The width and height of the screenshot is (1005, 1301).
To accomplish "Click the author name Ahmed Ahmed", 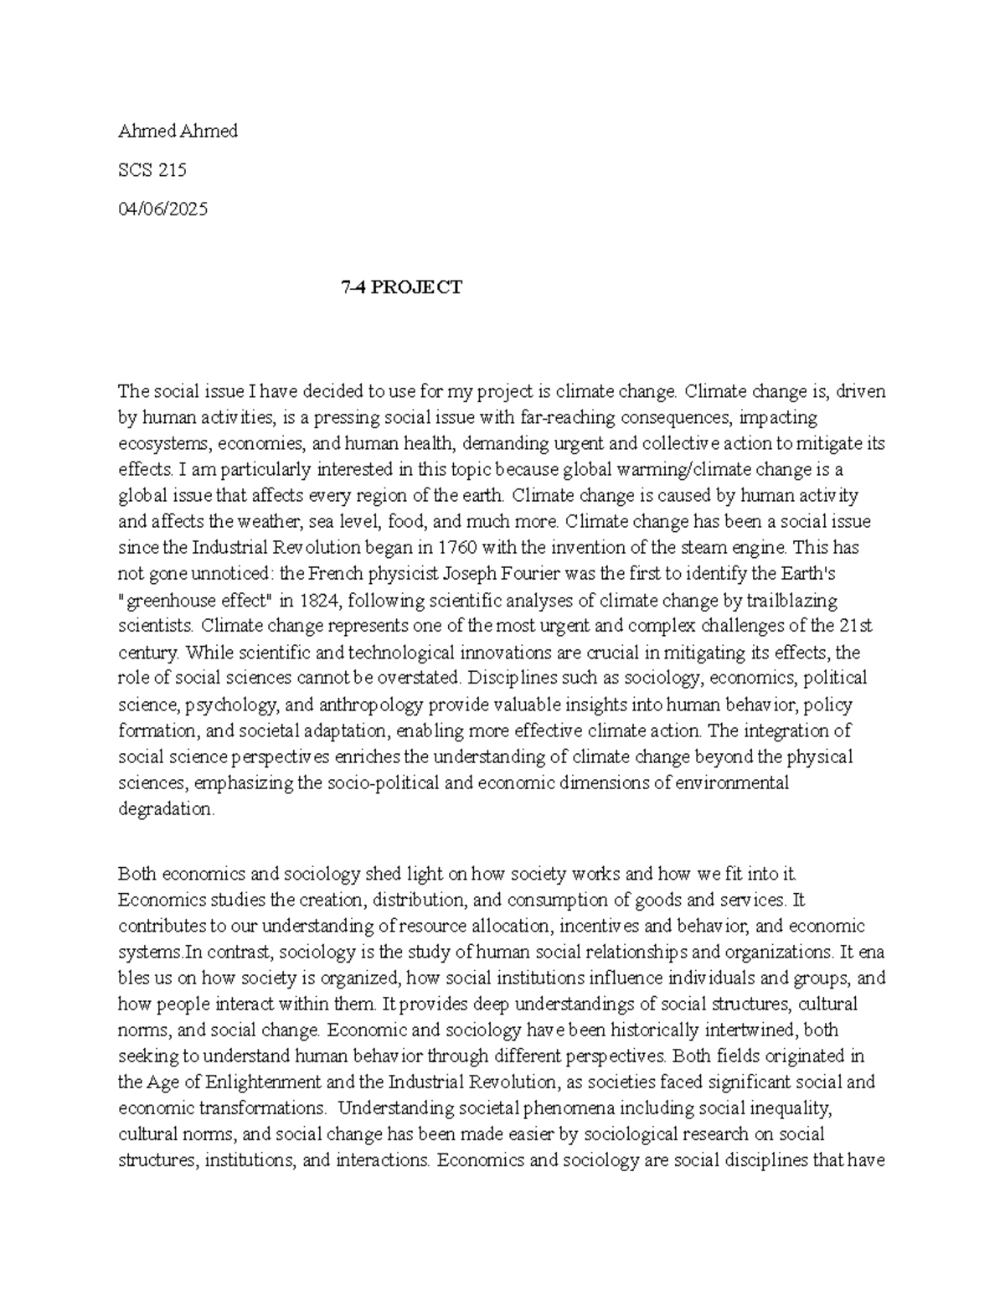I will [178, 131].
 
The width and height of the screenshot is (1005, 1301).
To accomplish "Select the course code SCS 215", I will [152, 170].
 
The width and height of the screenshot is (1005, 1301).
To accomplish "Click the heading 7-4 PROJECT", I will [401, 287].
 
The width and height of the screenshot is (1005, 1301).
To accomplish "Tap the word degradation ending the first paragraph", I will [167, 809].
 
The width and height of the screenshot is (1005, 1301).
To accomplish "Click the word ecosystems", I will [157, 443].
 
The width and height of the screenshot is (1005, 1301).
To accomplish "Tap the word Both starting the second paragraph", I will [137, 874].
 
